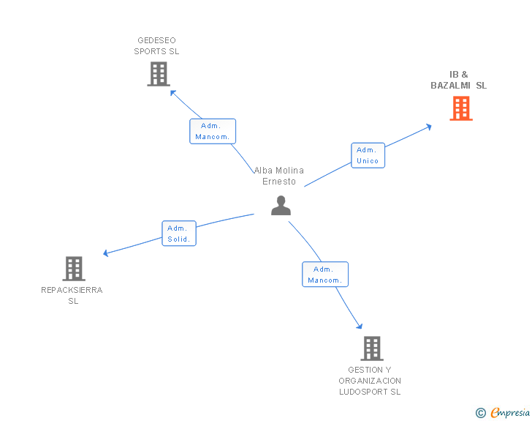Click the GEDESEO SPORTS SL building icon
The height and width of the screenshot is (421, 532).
(158, 74)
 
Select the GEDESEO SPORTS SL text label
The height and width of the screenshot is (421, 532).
(156, 46)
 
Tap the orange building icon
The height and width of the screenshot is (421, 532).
(460, 108)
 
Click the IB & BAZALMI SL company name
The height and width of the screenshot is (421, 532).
(459, 80)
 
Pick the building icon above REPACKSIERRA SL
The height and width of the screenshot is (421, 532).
(74, 269)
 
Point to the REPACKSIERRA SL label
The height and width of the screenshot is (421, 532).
(72, 295)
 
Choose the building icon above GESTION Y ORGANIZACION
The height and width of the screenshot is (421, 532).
(371, 349)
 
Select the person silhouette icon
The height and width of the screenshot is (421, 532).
(281, 206)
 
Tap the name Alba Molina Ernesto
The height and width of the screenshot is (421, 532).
(279, 176)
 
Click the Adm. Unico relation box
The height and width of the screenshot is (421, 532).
(368, 155)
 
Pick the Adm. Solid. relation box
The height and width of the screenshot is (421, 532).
(179, 234)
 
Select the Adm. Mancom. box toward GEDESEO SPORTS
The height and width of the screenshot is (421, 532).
(213, 131)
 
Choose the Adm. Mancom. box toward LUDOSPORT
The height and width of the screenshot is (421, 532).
(325, 275)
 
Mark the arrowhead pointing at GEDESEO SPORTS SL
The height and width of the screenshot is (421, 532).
(173, 92)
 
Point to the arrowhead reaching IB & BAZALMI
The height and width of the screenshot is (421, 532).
(428, 126)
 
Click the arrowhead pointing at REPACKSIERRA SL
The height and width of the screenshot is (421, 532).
(106, 253)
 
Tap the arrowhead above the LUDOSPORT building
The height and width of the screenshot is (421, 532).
(359, 326)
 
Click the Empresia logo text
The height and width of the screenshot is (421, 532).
(510, 413)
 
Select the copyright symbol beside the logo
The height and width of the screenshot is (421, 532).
(480, 414)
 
